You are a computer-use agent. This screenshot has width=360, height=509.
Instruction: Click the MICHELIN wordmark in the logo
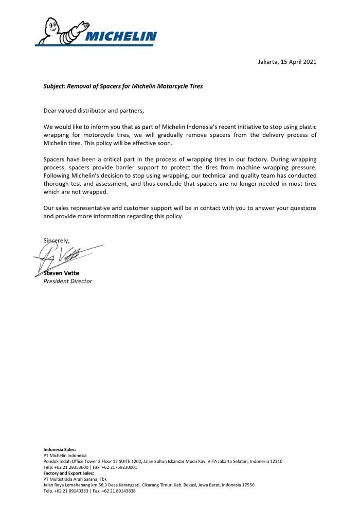click(x=121, y=37)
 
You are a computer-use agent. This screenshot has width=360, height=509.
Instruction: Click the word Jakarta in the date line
click(x=267, y=62)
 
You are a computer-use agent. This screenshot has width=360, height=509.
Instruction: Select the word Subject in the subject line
click(x=55, y=86)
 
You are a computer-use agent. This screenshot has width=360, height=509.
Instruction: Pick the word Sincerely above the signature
click(x=56, y=240)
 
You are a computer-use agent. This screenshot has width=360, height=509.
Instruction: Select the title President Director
click(x=67, y=281)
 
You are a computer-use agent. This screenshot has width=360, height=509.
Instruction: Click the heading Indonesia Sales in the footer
click(x=59, y=449)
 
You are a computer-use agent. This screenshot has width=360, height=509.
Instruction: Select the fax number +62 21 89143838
click(x=119, y=491)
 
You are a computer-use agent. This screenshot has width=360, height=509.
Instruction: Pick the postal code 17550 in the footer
click(x=247, y=485)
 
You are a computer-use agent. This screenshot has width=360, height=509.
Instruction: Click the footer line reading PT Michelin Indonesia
click(x=65, y=455)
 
